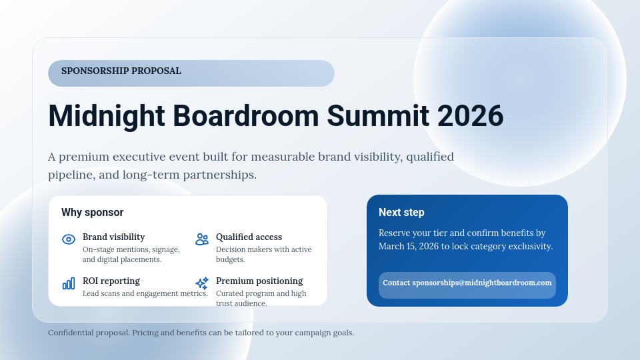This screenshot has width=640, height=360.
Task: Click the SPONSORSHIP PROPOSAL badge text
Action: (121, 71)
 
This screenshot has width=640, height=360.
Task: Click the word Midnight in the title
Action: (107, 116)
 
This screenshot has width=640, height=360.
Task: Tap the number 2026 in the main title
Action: (470, 116)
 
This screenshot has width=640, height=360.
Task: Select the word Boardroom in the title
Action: (246, 116)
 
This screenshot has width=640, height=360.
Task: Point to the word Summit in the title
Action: (378, 116)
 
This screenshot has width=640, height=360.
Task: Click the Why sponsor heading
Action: (92, 212)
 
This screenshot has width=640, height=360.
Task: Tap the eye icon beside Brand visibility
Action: (69, 239)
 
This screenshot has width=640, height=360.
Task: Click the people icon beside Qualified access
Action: (202, 239)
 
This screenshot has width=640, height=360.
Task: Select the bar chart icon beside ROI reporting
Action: (69, 283)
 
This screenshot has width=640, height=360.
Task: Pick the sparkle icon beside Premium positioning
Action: (202, 283)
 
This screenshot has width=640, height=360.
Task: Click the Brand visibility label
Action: (114, 237)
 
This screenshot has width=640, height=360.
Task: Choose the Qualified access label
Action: (249, 237)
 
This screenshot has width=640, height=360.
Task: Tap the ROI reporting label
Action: (111, 281)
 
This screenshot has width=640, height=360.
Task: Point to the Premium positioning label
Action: (259, 281)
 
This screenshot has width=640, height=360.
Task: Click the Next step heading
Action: (401, 212)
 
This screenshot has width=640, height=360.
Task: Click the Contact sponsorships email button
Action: (467, 285)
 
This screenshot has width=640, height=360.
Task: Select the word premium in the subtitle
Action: (84, 157)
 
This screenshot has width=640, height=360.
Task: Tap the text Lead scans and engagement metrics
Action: (145, 293)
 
